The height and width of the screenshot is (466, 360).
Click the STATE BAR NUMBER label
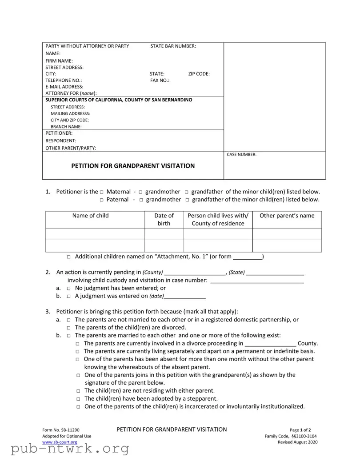coord(173,46)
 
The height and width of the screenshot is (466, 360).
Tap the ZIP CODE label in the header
coord(199,74)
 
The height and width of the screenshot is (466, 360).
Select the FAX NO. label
coord(160,80)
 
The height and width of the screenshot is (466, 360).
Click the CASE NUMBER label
coord(241,155)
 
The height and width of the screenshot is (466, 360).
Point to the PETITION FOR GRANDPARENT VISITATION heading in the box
coord(133,166)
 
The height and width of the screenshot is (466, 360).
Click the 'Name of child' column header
coord(90,216)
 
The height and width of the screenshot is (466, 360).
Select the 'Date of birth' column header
coord(164,219)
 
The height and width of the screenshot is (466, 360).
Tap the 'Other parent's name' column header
coord(287,216)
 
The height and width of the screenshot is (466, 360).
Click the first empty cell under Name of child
coord(95,234)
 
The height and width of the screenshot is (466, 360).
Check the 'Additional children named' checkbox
coord(69,257)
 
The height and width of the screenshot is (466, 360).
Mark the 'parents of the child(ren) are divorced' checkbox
coord(69,328)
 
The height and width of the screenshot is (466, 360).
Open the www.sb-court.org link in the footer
coord(60,442)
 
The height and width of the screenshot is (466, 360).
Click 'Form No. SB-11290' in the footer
coord(61,430)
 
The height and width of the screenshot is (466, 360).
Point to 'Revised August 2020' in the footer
coord(297,442)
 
